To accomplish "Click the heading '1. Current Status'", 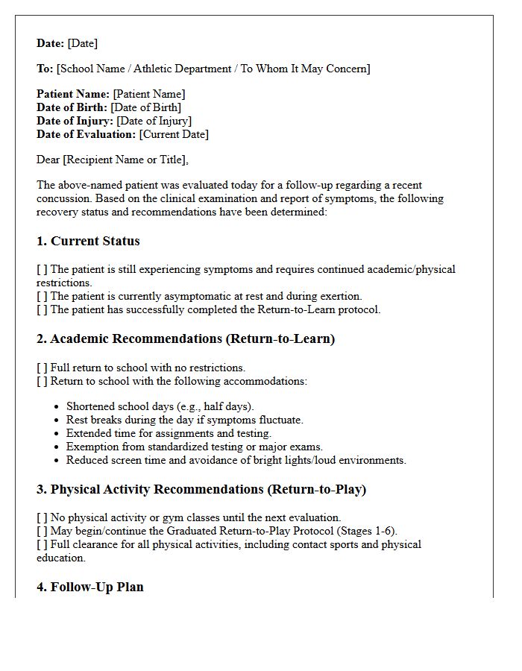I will (88, 241).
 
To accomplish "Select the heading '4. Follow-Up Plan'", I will (90, 587).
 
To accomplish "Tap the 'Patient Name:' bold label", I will (73, 94).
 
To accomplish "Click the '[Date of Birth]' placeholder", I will (145, 107).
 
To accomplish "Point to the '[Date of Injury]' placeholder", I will (154, 121).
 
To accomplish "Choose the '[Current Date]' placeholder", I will (174, 134).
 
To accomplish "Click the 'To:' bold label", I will (45, 69).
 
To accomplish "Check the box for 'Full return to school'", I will (42, 368).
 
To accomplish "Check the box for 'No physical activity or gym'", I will (42, 517).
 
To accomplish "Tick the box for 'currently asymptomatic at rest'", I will (42, 296).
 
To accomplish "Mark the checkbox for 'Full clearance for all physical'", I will (42, 544).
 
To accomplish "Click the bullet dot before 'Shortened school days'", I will (57, 407).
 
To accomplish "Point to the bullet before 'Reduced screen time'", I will (57, 461).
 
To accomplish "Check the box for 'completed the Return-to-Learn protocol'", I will (42, 309).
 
